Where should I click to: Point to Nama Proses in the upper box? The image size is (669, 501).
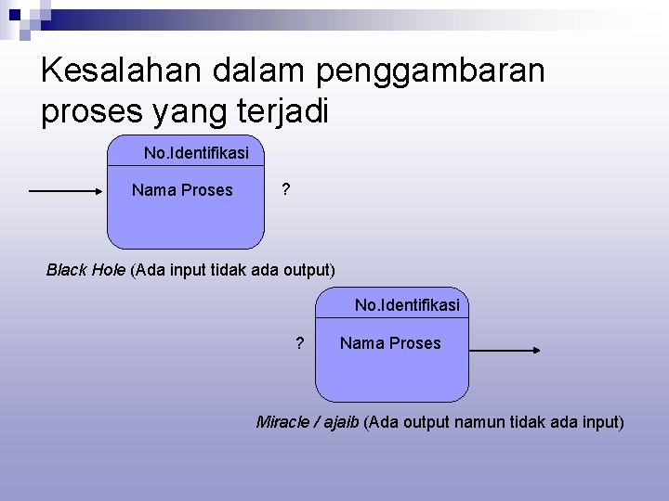[182, 190]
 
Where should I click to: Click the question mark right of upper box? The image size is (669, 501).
[285, 189]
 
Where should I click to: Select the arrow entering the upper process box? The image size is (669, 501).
[65, 191]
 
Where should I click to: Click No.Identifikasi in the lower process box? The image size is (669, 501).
[407, 304]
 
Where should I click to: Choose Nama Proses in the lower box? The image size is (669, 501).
[390, 343]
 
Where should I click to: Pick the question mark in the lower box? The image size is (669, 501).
[299, 343]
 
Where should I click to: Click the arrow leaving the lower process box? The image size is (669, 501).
[502, 350]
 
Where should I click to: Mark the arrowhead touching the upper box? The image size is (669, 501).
[101, 191]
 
